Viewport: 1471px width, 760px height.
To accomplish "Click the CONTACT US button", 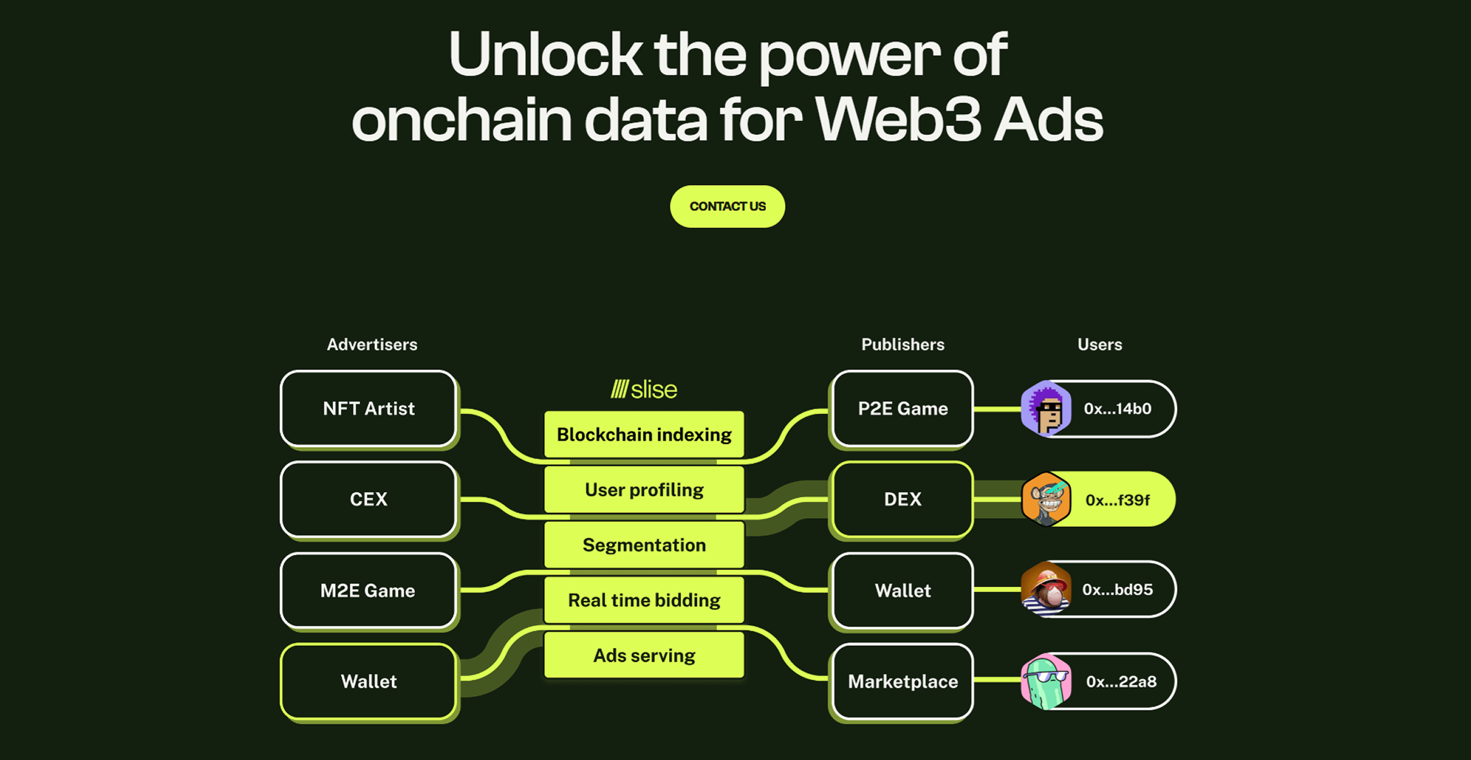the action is click(x=727, y=206).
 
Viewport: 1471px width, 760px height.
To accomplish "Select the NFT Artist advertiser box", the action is click(x=369, y=409).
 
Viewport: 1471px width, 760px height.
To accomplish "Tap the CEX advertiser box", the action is click(x=369, y=500).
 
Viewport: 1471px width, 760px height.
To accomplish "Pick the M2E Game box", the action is click(x=369, y=591).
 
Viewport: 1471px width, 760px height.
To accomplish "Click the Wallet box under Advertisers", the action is click(x=369, y=682).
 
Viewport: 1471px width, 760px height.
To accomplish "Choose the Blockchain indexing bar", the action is click(x=644, y=434).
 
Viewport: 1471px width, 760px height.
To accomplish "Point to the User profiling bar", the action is click(x=644, y=490).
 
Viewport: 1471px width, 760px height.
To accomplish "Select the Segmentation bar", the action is click(x=644, y=545).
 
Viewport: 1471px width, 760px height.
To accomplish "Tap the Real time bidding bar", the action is click(x=644, y=600).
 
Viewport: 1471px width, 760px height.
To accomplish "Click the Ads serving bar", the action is click(x=644, y=655).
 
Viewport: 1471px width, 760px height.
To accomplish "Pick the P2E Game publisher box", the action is click(x=902, y=409).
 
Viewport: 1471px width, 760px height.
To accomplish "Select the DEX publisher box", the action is click(x=902, y=500).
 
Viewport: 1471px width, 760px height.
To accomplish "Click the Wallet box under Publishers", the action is click(x=902, y=591).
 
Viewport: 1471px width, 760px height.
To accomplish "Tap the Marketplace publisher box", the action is click(x=902, y=682).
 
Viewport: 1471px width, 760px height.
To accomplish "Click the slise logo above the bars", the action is click(x=644, y=389).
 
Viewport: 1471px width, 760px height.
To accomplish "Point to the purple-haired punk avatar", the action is click(x=1047, y=408).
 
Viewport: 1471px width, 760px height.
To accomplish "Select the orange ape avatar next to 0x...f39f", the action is click(x=1047, y=499).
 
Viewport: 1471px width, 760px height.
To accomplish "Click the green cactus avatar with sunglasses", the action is click(x=1047, y=681).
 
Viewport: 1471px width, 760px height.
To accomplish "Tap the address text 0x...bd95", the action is click(x=1118, y=590).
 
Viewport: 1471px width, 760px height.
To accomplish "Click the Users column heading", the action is click(x=1100, y=345).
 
